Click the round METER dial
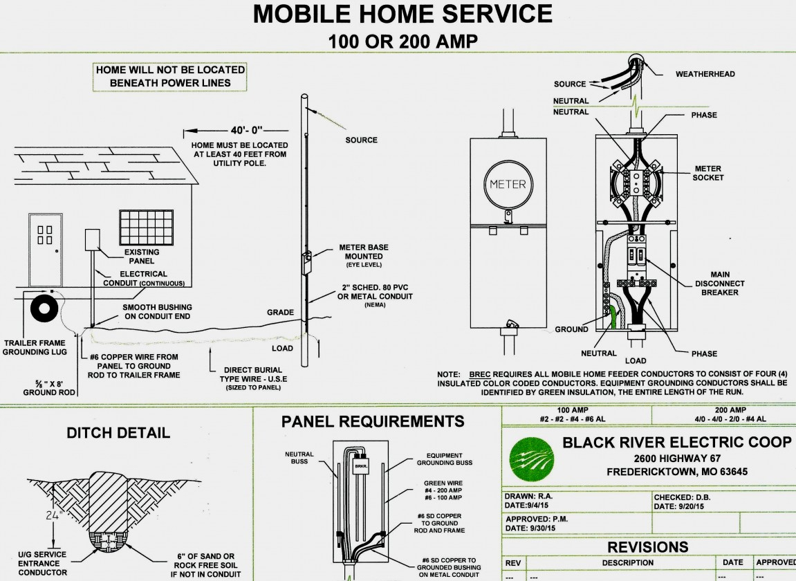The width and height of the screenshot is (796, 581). (x=508, y=184)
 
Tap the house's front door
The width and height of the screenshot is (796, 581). (x=46, y=250)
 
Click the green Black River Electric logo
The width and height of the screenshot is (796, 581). (x=532, y=460)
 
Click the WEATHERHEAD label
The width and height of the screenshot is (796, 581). (x=705, y=74)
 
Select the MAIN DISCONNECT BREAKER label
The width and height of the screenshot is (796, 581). (x=720, y=284)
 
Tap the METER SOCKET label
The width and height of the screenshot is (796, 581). (x=708, y=173)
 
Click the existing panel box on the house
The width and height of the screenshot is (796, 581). (x=92, y=240)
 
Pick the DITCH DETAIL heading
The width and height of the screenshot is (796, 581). (x=118, y=433)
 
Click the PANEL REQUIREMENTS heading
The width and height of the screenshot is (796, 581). (x=373, y=421)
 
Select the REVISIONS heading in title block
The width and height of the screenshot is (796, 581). (x=648, y=547)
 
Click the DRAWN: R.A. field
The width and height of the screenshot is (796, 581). (x=528, y=496)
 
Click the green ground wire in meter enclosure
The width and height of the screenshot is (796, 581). (x=613, y=317)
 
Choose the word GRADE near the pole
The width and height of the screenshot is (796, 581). (x=280, y=313)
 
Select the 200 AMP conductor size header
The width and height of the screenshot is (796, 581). (x=730, y=410)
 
